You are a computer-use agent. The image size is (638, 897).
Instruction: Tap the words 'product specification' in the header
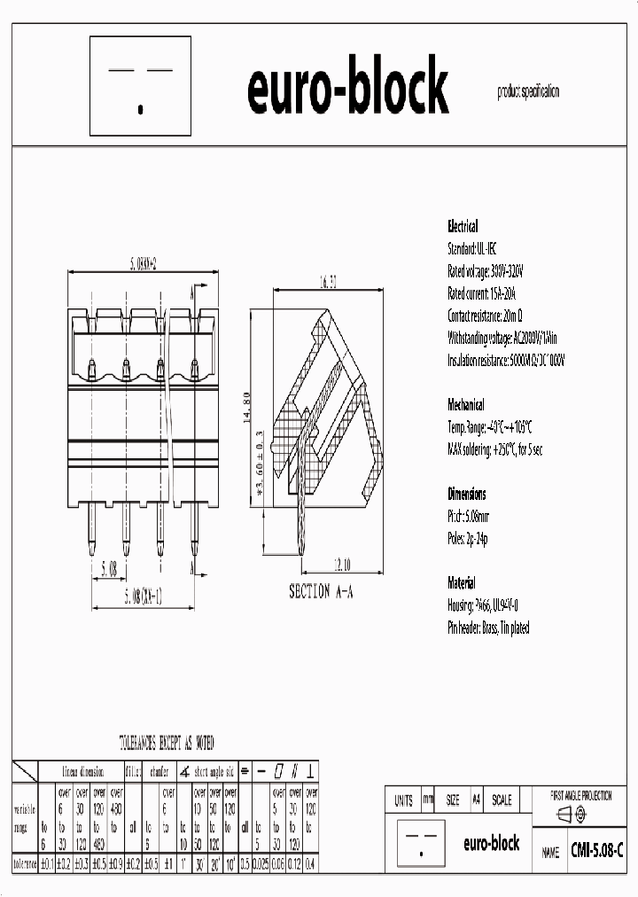(x=528, y=92)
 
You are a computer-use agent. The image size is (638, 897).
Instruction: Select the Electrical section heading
(x=463, y=227)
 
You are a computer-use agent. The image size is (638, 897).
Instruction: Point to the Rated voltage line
(x=486, y=271)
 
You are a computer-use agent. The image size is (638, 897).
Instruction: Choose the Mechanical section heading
(x=466, y=405)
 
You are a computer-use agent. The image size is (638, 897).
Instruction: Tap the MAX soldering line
(x=494, y=449)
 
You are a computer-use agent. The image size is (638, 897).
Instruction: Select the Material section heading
(x=462, y=583)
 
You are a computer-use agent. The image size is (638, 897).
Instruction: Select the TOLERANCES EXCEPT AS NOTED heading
(x=167, y=743)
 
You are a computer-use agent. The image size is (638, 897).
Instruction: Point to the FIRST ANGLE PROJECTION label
(x=581, y=796)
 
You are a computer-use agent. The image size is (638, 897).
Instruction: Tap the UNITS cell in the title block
(x=404, y=799)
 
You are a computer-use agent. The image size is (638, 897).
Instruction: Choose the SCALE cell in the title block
(x=501, y=799)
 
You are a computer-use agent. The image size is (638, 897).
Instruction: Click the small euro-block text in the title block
(x=491, y=845)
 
